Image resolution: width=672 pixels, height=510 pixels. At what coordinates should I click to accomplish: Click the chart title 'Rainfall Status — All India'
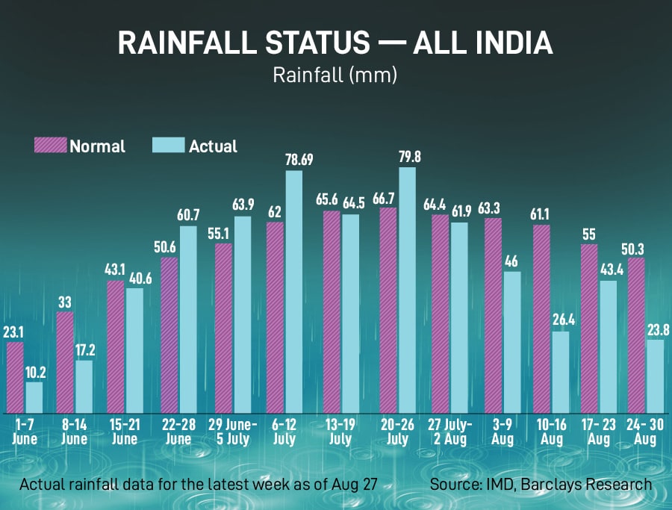(x=335, y=43)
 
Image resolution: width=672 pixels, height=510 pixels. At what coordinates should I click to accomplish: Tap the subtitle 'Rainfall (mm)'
(x=335, y=75)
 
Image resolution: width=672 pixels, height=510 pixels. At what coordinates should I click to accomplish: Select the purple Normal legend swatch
(x=51, y=146)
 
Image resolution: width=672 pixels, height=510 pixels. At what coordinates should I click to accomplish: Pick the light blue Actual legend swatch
(x=168, y=146)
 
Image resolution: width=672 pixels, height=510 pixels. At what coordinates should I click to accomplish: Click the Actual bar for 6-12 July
(x=293, y=291)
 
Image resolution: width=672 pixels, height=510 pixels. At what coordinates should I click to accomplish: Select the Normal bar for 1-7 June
(x=15, y=377)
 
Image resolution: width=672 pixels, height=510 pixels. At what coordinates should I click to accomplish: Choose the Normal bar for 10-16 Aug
(x=541, y=318)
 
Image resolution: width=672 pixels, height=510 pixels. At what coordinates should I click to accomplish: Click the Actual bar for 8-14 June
(x=84, y=386)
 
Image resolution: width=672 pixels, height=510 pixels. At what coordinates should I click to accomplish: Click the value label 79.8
(x=407, y=156)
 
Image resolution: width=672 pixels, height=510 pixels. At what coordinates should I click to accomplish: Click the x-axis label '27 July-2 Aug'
(x=449, y=431)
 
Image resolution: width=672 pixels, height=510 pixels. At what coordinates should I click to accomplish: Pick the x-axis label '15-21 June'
(x=124, y=431)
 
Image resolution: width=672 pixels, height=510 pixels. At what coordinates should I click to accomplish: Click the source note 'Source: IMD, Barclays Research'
(x=541, y=485)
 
